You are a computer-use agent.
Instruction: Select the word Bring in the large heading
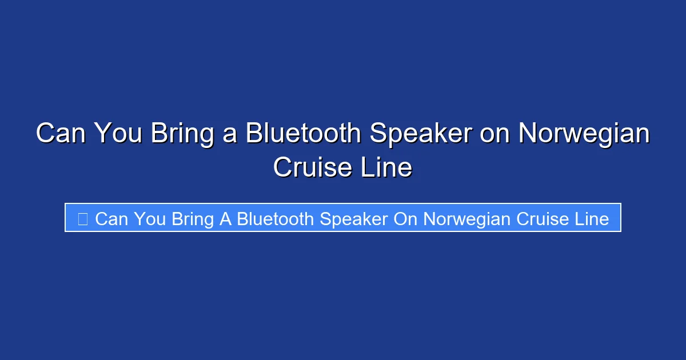click(181, 134)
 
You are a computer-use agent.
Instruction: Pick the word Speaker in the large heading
click(421, 134)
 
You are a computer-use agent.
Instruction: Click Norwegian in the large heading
click(584, 134)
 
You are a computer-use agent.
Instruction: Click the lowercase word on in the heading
click(496, 134)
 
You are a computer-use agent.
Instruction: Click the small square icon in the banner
click(82, 218)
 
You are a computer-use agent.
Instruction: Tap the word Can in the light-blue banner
click(111, 218)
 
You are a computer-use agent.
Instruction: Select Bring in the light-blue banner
click(193, 218)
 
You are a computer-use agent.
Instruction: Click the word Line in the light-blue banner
click(592, 218)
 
